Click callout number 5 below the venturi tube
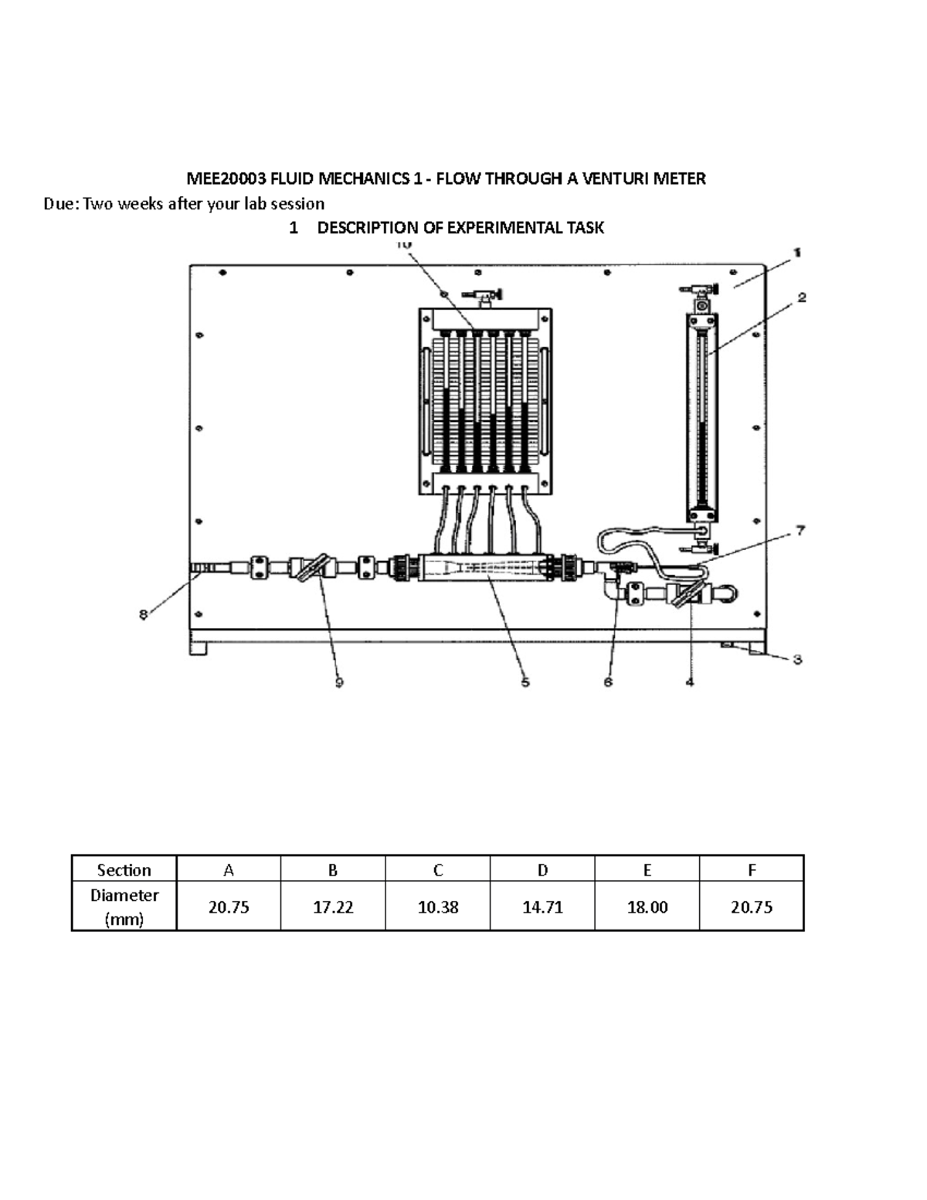point(525,682)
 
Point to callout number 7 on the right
point(801,530)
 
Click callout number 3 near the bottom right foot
point(798,659)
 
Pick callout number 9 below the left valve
point(338,682)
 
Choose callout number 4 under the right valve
point(690,682)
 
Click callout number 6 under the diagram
point(608,682)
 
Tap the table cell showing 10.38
point(438,907)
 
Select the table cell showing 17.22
point(333,907)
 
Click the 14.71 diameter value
point(542,907)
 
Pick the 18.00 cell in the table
point(647,907)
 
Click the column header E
point(647,870)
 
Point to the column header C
point(438,870)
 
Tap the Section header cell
point(124,870)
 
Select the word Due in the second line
point(59,203)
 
